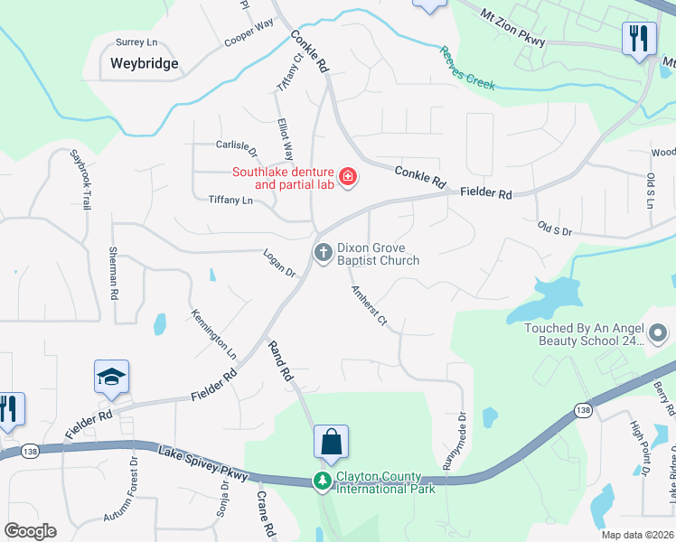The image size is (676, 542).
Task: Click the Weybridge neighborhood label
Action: pyautogui.click(x=144, y=63)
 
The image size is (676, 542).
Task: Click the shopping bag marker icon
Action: pyautogui.click(x=331, y=443)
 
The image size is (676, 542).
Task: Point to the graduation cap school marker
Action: pyautogui.click(x=111, y=377)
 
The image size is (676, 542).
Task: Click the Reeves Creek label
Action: pyautogui.click(x=467, y=68)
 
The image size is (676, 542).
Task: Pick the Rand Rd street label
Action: pyautogui.click(x=281, y=360)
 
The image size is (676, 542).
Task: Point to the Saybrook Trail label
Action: pyautogui.click(x=80, y=180)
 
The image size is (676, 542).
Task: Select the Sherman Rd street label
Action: pyautogui.click(x=114, y=274)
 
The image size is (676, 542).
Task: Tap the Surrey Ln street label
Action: pyautogui.click(x=136, y=42)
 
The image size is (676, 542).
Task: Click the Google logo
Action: pyautogui.click(x=31, y=531)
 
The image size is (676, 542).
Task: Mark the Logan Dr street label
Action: pyautogui.click(x=280, y=263)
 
